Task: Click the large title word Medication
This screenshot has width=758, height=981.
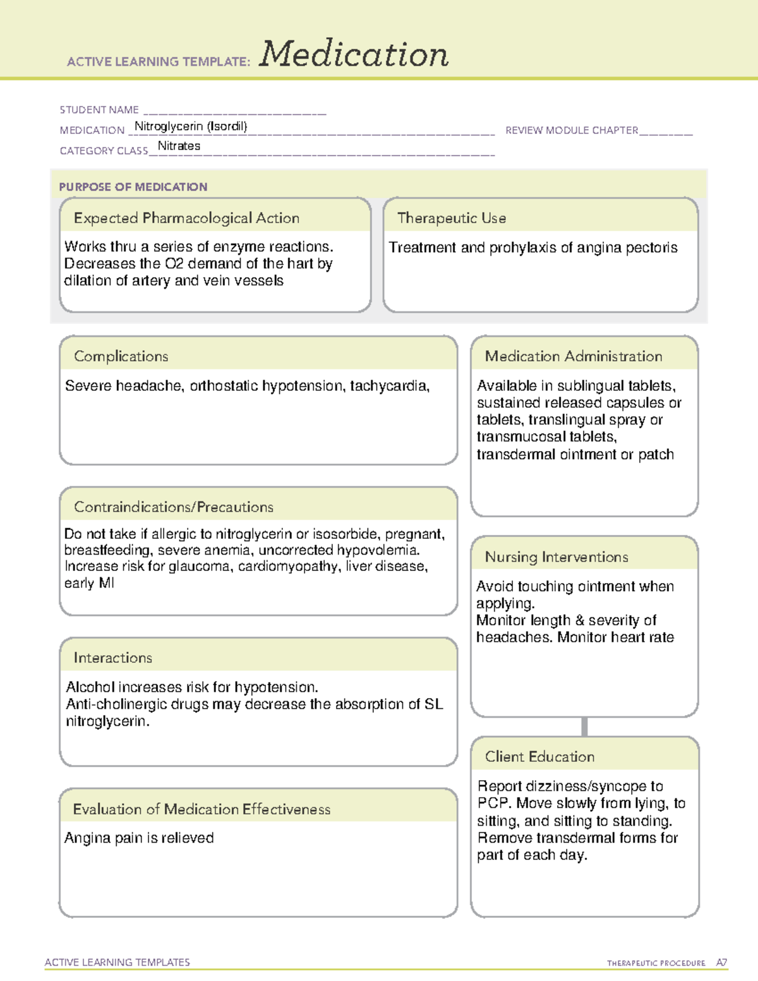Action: click(x=354, y=54)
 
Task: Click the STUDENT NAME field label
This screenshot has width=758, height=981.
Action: click(x=99, y=110)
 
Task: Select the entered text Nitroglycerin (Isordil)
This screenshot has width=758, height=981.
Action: click(x=191, y=126)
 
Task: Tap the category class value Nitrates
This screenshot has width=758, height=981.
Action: click(x=179, y=146)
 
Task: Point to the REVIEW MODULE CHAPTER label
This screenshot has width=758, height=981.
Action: click(x=572, y=130)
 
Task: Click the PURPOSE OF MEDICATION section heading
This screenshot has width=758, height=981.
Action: click(x=133, y=187)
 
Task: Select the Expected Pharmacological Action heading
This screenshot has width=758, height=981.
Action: click(x=186, y=218)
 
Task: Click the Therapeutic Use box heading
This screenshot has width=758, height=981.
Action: click(x=451, y=218)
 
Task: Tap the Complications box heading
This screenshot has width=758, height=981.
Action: click(x=121, y=356)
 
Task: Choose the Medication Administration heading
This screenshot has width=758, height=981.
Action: click(x=573, y=356)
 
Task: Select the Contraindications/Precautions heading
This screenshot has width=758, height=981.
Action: click(x=173, y=507)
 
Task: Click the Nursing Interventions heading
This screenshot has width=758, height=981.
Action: click(x=556, y=557)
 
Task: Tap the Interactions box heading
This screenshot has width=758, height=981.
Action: click(x=112, y=658)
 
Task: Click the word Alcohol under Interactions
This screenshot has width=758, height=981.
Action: click(x=90, y=687)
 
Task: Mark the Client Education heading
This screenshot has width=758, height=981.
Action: click(x=539, y=757)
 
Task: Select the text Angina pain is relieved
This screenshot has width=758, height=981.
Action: click(x=139, y=838)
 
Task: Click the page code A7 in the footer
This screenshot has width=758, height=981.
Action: click(x=721, y=963)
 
